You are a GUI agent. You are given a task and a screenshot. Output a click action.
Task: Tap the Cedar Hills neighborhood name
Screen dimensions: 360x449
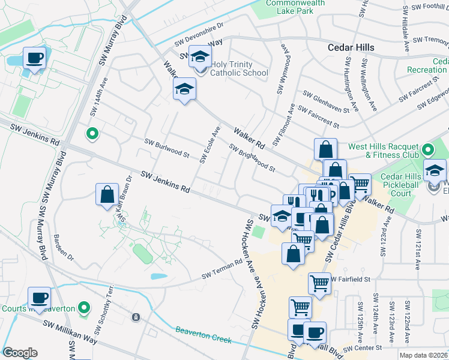(351, 47)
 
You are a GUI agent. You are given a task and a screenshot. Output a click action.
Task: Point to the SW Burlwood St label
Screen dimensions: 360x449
(167, 148)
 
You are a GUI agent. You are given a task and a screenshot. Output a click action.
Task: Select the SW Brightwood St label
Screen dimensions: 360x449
(252, 157)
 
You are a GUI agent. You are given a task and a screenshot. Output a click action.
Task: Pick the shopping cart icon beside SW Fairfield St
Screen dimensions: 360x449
(319, 282)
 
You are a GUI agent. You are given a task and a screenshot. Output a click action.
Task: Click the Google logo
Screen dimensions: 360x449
(20, 353)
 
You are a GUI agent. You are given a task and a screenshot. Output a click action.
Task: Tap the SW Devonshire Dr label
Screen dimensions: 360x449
(199, 34)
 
